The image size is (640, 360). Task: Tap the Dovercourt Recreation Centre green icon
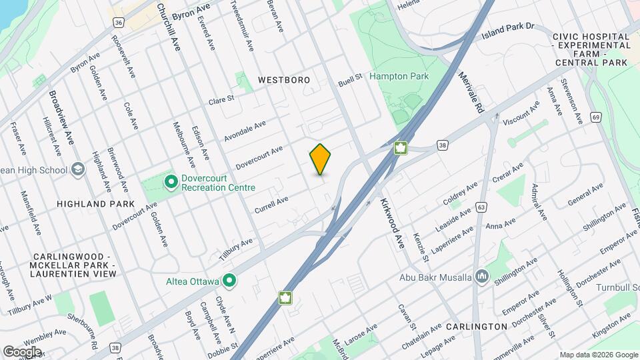171,180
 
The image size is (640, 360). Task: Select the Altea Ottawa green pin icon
230,281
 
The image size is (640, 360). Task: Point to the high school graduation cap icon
78,169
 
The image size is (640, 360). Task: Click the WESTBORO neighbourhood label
284,80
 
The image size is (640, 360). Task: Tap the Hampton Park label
399,77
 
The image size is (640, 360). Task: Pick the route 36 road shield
118,22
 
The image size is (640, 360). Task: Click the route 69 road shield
595,117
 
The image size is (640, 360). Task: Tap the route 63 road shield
480,208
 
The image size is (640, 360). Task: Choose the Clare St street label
221,100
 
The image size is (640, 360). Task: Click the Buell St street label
349,79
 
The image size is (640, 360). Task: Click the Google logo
22,351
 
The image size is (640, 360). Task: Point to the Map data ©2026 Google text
598,355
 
